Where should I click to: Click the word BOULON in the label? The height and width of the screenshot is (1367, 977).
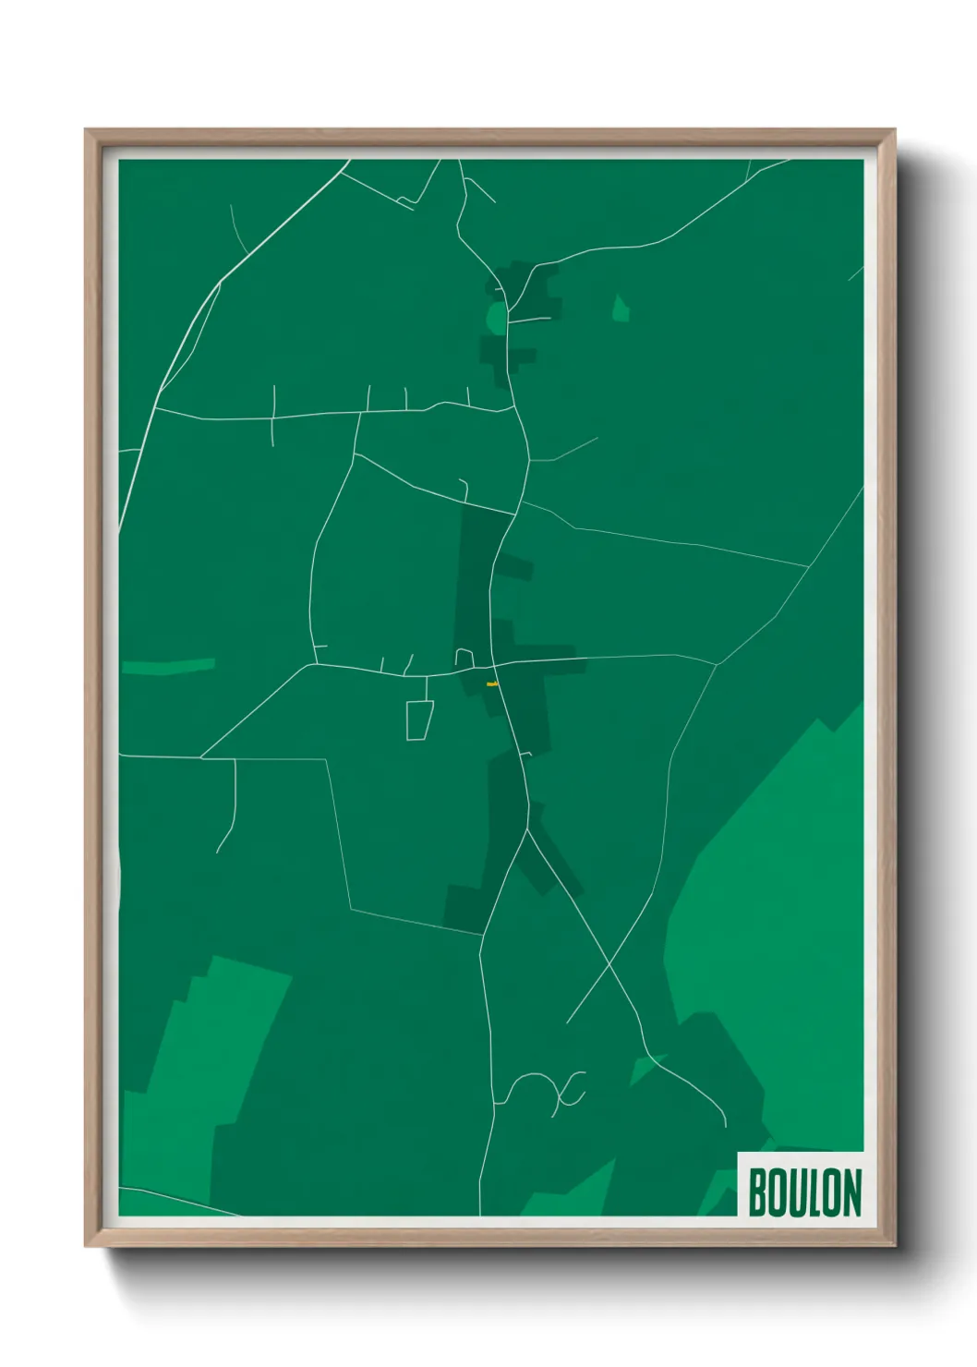pyautogui.click(x=804, y=1192)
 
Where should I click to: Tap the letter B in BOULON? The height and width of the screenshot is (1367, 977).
pyautogui.click(x=758, y=1192)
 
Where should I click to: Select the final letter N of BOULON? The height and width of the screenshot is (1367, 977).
pyautogui.click(x=851, y=1192)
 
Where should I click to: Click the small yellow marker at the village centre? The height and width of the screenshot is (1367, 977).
pyautogui.click(x=492, y=684)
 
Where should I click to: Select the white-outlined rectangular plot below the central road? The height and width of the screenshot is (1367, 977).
pyautogui.click(x=419, y=720)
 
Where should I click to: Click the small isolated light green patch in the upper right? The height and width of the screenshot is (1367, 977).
pyautogui.click(x=621, y=309)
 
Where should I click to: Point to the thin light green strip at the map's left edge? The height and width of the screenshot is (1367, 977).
pyautogui.click(x=168, y=666)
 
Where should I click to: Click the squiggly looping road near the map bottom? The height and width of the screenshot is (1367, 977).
pyautogui.click(x=545, y=1090)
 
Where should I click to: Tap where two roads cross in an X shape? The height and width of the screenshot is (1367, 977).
pyautogui.click(x=609, y=964)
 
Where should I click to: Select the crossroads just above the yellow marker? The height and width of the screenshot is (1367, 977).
pyautogui.click(x=494, y=664)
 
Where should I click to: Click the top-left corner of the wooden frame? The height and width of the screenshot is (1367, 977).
pyautogui.click(x=87, y=131)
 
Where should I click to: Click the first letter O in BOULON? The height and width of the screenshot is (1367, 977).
pyautogui.click(x=778, y=1192)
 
